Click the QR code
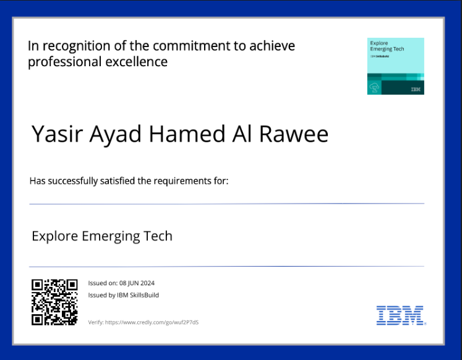(54, 302)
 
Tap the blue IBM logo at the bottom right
(400, 315)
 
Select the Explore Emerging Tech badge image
(395, 66)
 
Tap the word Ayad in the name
(114, 134)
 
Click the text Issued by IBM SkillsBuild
(124, 295)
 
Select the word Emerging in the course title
(111, 236)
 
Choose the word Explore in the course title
(54, 236)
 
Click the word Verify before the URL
(95, 322)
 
